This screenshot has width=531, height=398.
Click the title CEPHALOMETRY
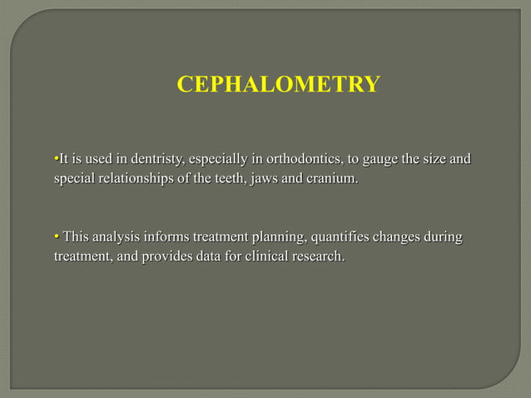279,85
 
